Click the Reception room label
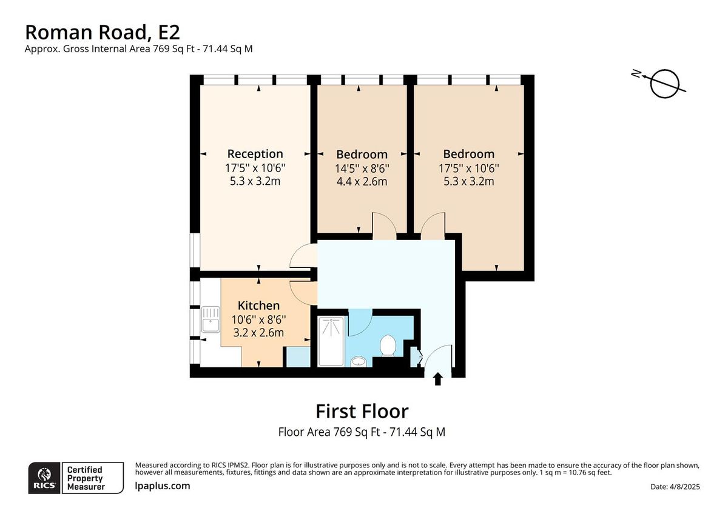click(255, 154)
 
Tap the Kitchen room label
click(258, 305)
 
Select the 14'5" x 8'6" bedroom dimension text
click(362, 168)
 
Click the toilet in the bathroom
click(387, 347)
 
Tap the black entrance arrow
click(437, 379)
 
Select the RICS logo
click(44, 478)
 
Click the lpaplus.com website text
click(162, 486)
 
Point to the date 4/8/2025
click(675, 487)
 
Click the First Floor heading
click(362, 412)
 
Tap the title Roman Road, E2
click(102, 32)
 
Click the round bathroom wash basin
click(358, 362)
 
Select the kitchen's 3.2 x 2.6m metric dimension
click(258, 332)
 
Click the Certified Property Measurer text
click(85, 478)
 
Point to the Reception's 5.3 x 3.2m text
click(255, 181)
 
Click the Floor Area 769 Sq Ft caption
click(362, 432)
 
